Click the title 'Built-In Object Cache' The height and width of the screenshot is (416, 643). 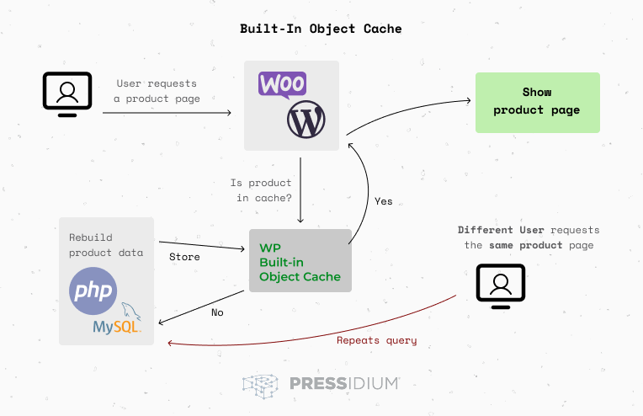tap(321, 29)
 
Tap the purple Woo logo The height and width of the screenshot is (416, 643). tap(283, 85)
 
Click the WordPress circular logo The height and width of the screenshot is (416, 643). tap(306, 120)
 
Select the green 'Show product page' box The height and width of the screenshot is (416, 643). tap(537, 102)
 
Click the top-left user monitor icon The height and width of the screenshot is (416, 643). tap(67, 93)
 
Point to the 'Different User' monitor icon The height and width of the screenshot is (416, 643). tap(501, 285)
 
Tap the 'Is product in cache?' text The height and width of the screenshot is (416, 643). tap(261, 190)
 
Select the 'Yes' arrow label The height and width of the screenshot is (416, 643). tap(383, 201)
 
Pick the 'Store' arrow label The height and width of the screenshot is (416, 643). tap(184, 256)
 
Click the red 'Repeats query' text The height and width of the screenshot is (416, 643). tap(376, 340)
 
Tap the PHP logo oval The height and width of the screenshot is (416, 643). tap(93, 291)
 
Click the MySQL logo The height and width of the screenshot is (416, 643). tap(119, 323)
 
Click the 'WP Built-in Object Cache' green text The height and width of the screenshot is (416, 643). tap(300, 262)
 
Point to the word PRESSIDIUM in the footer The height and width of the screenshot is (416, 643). tap(343, 384)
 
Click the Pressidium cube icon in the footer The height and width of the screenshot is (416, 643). tap(261, 385)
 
